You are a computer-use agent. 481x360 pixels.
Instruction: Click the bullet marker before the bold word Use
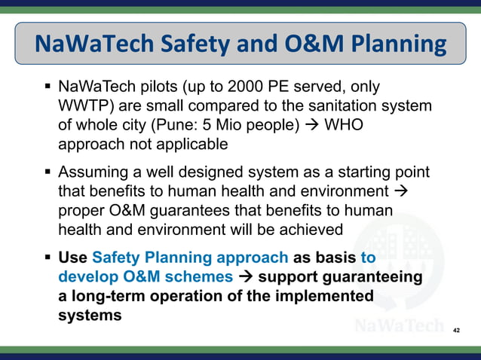coord(47,258)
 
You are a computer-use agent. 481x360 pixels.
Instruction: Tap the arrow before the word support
coord(245,276)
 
